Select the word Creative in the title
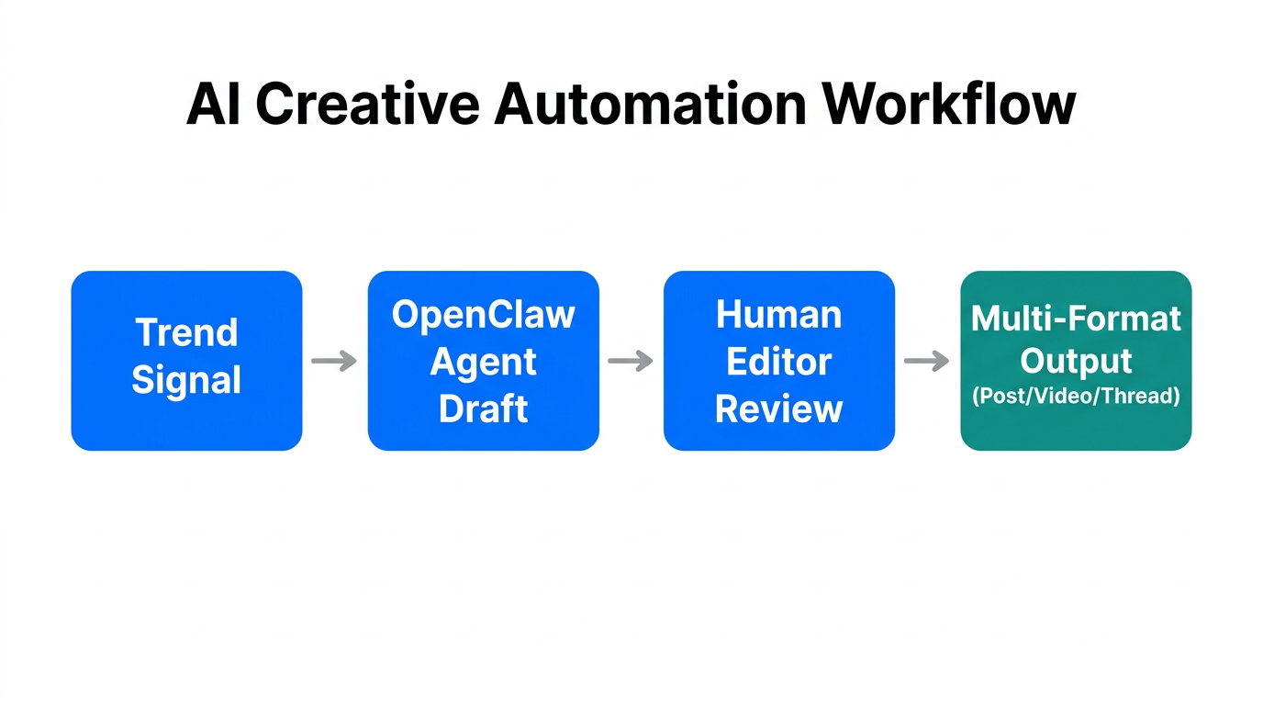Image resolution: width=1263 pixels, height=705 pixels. pos(366,104)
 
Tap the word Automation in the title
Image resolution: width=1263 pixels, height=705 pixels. pos(650,104)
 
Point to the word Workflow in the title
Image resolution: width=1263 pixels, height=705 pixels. pos(949,104)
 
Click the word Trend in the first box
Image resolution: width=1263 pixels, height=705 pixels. pos(186,332)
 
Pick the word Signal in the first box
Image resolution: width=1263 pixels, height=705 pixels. pos(186,380)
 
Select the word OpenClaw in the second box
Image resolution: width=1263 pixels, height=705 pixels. pos(483,315)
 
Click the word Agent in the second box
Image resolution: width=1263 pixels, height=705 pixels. pos(483,362)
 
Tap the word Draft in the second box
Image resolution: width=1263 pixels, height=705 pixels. pos(483,408)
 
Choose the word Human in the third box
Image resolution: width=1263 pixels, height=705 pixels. pos(778,315)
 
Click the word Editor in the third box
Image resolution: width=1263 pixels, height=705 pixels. pos(778,362)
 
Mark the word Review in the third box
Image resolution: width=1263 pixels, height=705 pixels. pos(778,408)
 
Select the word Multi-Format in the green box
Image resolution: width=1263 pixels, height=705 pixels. pos(1076,319)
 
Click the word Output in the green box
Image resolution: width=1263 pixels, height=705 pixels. pos(1076,362)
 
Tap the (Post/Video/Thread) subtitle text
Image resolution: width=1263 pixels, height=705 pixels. pos(1076,397)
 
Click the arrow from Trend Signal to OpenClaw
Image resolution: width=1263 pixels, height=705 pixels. pos(334,361)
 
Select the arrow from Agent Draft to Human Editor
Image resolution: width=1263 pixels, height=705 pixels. pos(631,361)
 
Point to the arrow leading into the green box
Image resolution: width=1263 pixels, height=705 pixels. pos(927,361)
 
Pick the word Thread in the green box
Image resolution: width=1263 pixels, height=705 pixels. pos(1139,397)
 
